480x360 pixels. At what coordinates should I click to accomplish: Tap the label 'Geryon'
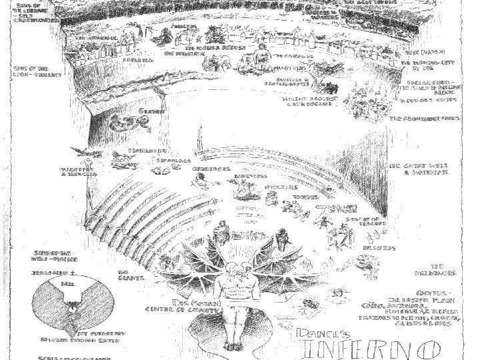(147, 110)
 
